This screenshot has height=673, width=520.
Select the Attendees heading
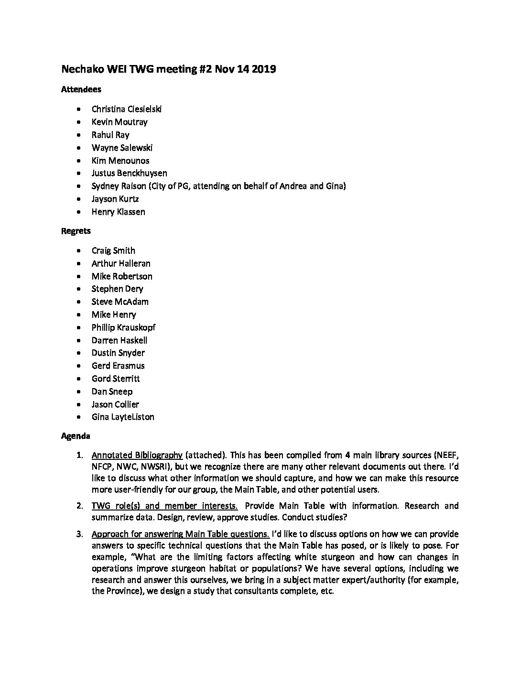(x=81, y=89)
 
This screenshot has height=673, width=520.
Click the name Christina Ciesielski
(x=127, y=109)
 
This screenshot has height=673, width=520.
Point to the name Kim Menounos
(x=120, y=161)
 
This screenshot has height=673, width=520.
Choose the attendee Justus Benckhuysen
(x=129, y=173)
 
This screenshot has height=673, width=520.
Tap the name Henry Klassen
(x=118, y=212)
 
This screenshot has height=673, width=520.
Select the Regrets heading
(x=76, y=231)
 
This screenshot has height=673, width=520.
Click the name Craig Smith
(x=113, y=250)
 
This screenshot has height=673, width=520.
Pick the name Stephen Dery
(x=117, y=289)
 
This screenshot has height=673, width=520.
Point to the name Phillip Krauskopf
(x=123, y=327)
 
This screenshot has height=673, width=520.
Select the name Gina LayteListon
(x=123, y=417)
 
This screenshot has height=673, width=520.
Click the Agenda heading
(x=76, y=436)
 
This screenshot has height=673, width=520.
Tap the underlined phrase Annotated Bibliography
(x=137, y=455)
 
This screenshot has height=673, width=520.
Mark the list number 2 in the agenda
(x=80, y=506)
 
